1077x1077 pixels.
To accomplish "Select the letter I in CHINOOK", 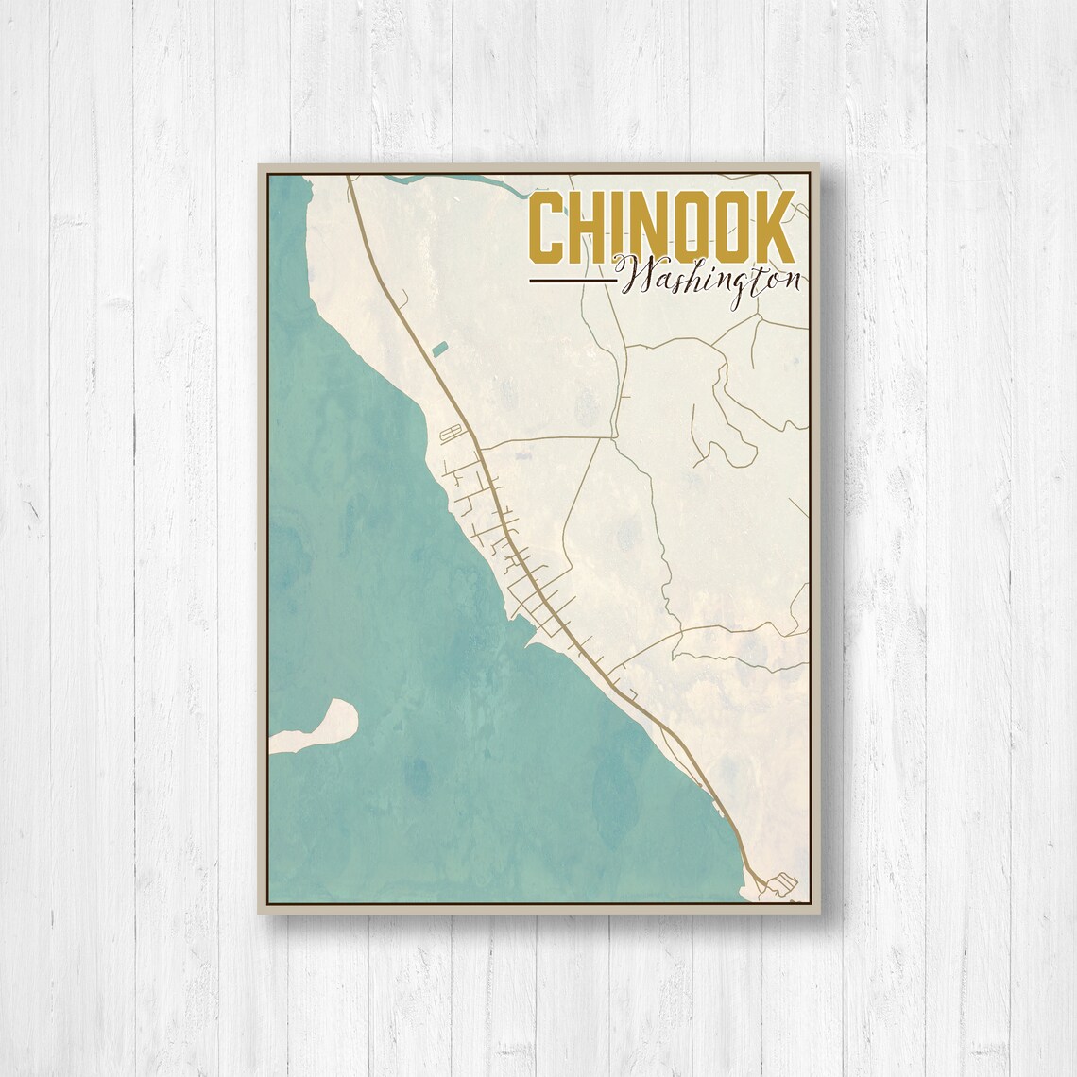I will (619, 230).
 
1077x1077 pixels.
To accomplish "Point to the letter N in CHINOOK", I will (649, 230).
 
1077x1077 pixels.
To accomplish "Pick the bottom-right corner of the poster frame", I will (819, 913).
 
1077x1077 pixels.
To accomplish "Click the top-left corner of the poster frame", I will (260, 165).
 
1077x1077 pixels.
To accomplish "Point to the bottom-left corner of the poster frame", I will (260, 913).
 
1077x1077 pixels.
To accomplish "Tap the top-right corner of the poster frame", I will (819, 165).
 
